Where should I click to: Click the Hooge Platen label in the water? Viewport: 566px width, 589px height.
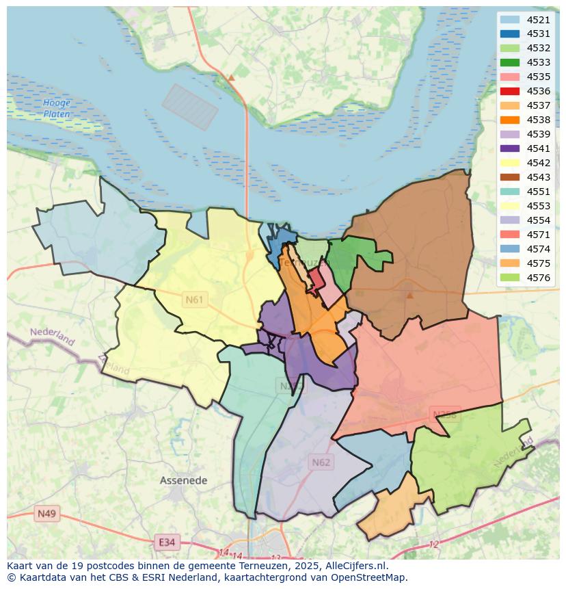[x=56, y=108]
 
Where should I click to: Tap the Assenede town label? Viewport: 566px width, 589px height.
[x=183, y=480]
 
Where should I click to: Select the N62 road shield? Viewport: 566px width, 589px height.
[x=321, y=462]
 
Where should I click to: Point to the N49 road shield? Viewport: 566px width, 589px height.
[x=47, y=513]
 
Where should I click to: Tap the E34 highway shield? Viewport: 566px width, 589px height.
[x=165, y=542]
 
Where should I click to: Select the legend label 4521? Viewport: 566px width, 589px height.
[x=539, y=20]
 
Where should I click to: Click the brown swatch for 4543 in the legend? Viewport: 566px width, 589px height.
[x=509, y=177]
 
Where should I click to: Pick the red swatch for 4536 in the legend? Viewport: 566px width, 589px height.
[x=509, y=91]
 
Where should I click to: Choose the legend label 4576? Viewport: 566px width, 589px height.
[x=539, y=278]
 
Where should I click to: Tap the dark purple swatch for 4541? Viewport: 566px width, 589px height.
[x=509, y=148]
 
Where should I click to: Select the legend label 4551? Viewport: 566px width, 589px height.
[x=539, y=192]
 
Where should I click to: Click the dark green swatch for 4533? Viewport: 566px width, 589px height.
[x=509, y=62]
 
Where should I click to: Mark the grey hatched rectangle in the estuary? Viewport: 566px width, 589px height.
[x=190, y=107]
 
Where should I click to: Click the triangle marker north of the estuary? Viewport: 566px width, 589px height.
[x=231, y=78]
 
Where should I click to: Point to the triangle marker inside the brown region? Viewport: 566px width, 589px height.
[x=409, y=296]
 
